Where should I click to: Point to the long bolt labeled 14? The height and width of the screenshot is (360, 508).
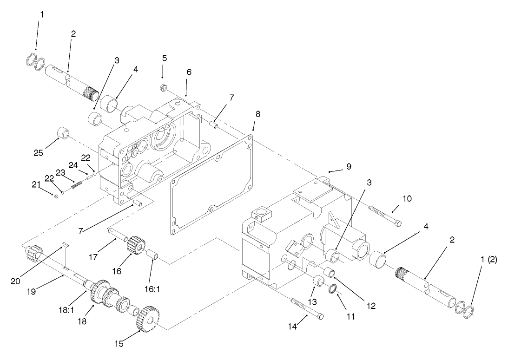[x=307, y=308]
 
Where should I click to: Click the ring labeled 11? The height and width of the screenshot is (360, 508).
[x=333, y=290]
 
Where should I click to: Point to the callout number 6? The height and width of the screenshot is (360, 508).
[x=189, y=72]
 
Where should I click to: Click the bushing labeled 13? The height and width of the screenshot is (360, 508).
[x=318, y=281]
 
